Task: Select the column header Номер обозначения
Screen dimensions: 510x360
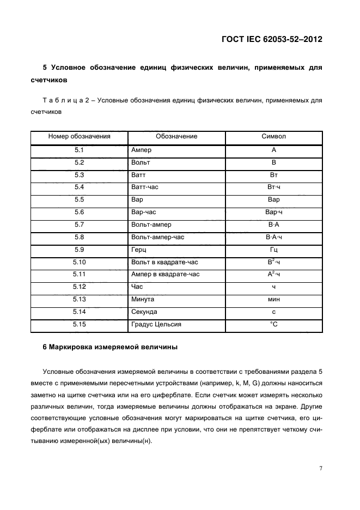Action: [80, 136]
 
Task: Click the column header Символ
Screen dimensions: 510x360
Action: [273, 136]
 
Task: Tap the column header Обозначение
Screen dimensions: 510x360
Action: [176, 136]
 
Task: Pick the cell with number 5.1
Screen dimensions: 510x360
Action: [80, 150]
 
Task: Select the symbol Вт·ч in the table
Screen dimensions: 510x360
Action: [273, 187]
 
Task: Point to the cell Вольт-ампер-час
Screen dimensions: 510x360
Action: [157, 236]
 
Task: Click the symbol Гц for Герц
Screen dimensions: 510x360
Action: [273, 249]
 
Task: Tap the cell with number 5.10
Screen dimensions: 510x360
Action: [80, 262]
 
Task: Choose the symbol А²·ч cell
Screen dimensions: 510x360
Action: [273, 274]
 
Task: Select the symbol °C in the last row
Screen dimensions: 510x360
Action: [273, 324]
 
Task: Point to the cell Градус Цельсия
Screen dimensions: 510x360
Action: [156, 324]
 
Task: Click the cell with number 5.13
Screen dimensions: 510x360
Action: [80, 299]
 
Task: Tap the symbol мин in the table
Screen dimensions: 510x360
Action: [273, 299]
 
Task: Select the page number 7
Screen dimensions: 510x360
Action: [320, 467]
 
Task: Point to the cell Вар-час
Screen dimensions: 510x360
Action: [144, 212]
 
